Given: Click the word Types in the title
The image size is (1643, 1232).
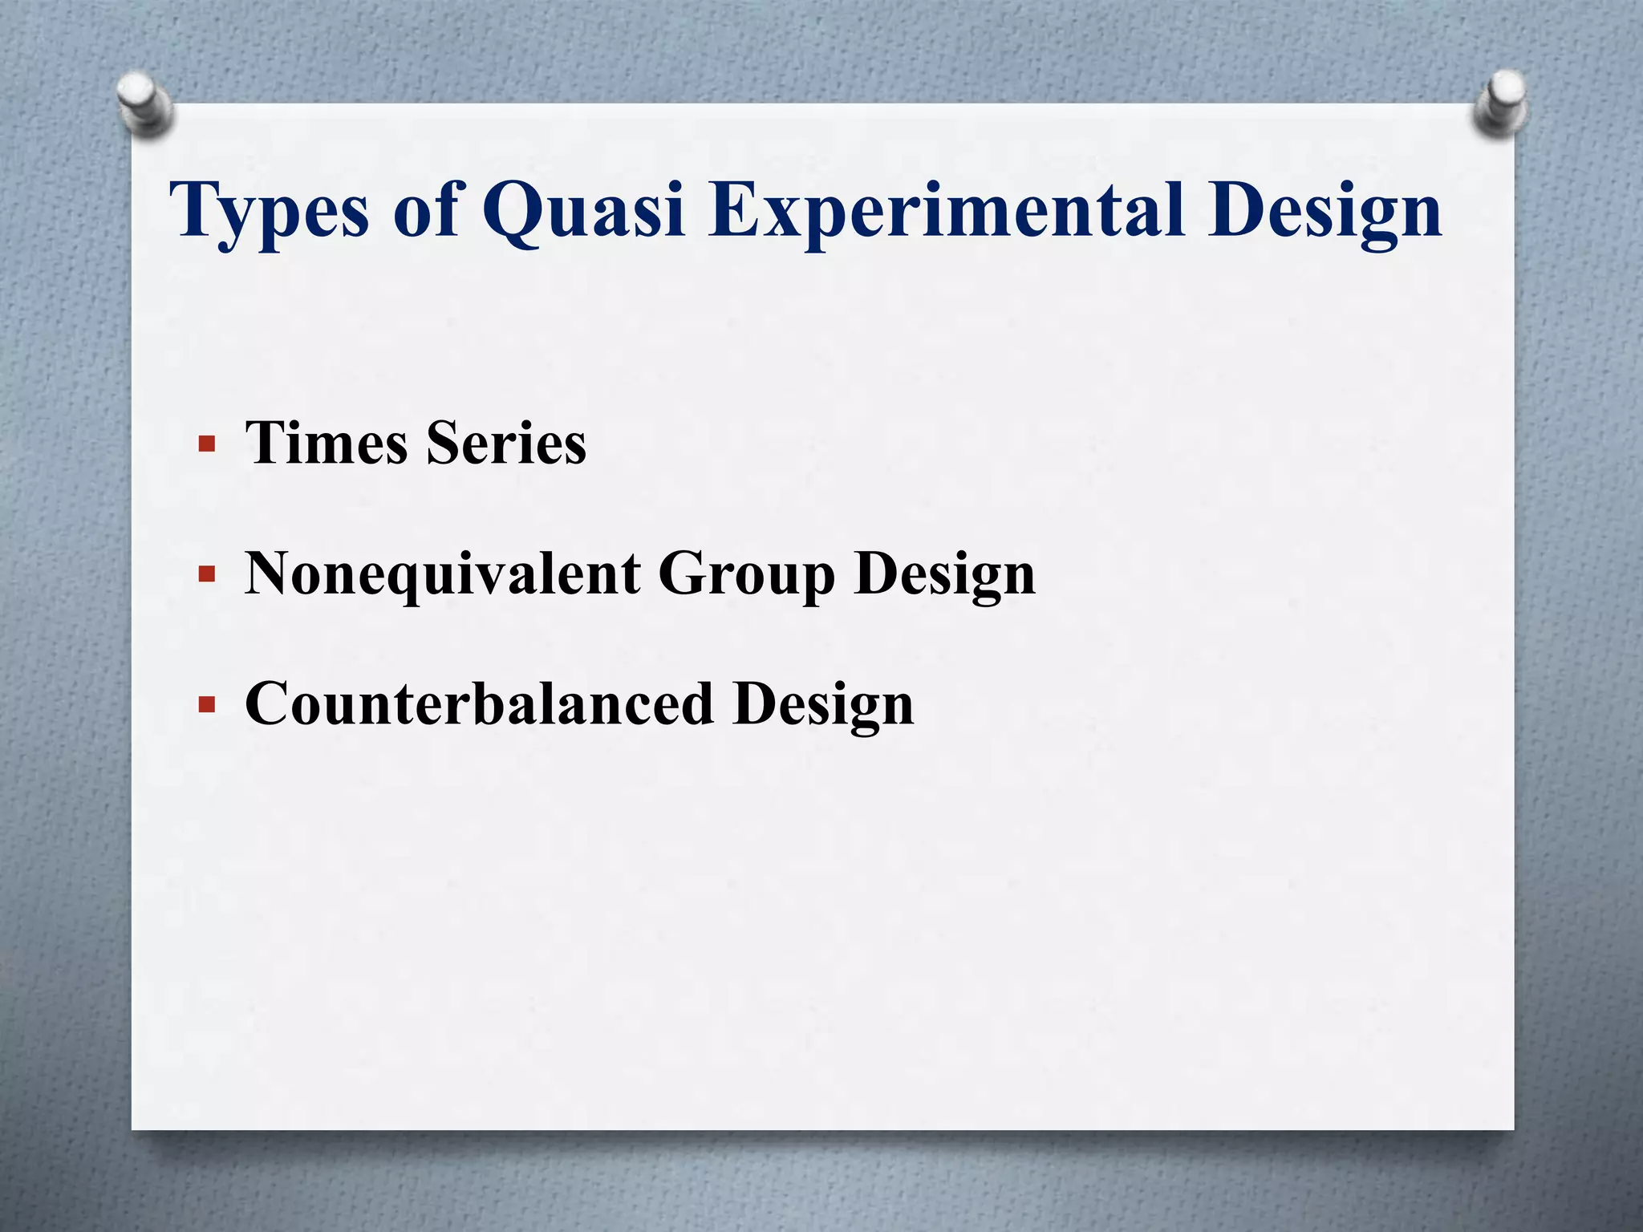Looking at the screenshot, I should (x=270, y=210).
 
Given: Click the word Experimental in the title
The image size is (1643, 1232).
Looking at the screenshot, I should (x=947, y=210).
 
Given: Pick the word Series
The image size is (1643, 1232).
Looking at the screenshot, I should (x=506, y=443).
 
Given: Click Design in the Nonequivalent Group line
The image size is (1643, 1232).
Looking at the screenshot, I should (x=944, y=575).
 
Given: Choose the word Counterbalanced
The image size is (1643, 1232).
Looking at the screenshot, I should (x=479, y=703).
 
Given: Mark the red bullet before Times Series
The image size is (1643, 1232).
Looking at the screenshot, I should (x=207, y=444).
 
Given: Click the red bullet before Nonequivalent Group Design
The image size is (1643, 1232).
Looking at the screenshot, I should (x=207, y=574).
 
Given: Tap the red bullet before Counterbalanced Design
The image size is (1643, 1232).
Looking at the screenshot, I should (x=207, y=704).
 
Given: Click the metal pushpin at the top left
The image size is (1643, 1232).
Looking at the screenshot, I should (x=144, y=103).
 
